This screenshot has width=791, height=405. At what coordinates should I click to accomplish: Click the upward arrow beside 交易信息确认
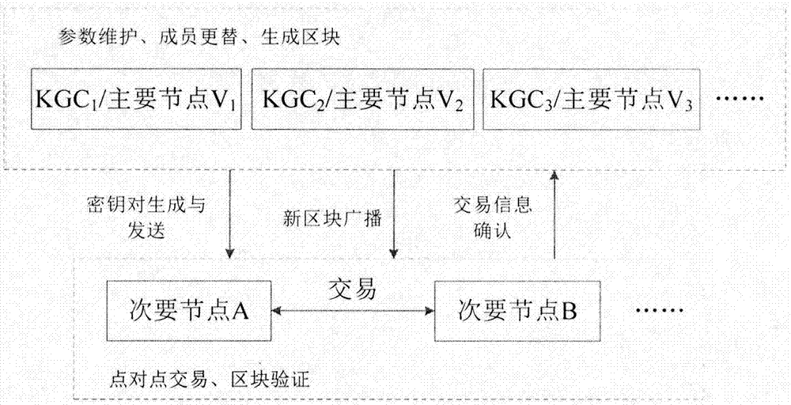click(x=554, y=214)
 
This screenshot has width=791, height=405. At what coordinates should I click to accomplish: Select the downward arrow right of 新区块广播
click(x=393, y=214)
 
